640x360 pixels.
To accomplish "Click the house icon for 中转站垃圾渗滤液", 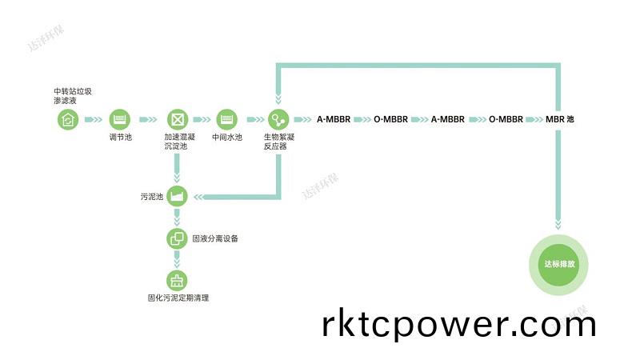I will click(x=68, y=120).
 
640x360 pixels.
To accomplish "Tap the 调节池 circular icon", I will click(x=119, y=120).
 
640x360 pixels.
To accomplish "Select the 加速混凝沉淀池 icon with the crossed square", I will click(x=176, y=120).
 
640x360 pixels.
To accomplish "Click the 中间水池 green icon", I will click(x=227, y=120).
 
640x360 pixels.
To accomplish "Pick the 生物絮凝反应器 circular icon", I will click(x=278, y=120).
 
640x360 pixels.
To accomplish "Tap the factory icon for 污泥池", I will click(x=176, y=196).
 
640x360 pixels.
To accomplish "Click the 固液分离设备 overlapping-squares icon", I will click(x=176, y=238).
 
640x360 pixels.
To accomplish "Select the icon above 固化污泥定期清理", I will click(x=176, y=281).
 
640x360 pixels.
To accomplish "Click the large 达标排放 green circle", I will click(x=559, y=264).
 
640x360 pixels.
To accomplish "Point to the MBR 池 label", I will click(x=559, y=120).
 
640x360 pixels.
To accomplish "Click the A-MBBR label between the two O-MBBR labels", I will click(x=448, y=120).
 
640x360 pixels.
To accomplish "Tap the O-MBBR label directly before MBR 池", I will click(x=506, y=120).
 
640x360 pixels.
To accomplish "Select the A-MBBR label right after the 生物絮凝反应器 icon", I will click(x=334, y=120).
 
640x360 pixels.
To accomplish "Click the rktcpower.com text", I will click(x=459, y=325).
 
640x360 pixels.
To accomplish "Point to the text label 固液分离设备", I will click(x=215, y=238).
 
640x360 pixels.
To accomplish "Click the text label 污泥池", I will click(x=151, y=196).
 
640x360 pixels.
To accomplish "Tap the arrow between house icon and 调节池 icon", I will click(x=94, y=120).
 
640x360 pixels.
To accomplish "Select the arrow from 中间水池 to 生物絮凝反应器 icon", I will click(x=253, y=120).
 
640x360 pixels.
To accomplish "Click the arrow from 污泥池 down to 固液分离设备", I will click(x=176, y=218).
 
